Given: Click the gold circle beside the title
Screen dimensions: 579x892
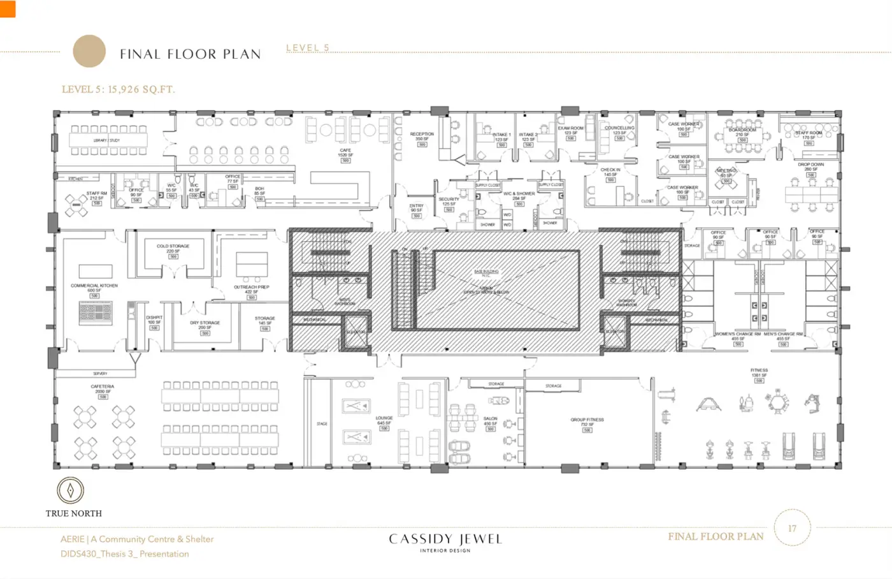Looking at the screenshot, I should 89,51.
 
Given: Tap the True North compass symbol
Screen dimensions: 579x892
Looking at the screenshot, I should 69,490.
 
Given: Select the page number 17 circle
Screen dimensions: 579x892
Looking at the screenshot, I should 792,528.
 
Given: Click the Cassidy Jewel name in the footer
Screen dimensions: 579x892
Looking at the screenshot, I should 445,539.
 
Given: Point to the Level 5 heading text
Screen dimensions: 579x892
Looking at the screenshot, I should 308,48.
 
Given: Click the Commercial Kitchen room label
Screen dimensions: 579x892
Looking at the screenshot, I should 94,286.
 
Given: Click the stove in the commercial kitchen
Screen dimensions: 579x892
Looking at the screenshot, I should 96,313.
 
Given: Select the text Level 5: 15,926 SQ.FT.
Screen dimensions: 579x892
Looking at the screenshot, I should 118,89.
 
